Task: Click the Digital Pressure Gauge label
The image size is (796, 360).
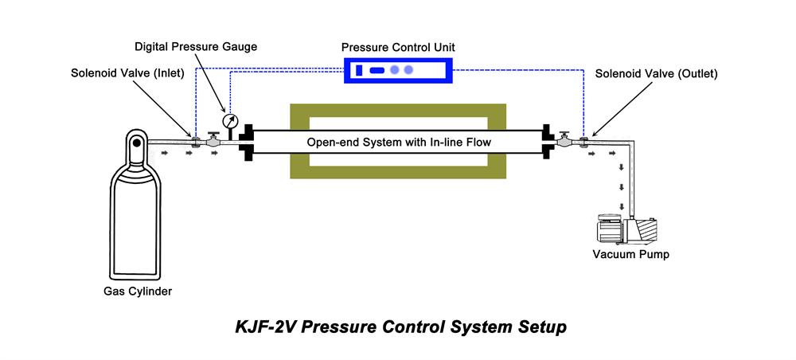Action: (x=196, y=47)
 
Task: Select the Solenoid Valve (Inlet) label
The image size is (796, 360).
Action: (x=127, y=74)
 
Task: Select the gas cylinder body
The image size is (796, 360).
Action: (x=135, y=215)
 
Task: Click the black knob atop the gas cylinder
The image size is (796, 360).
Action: (x=135, y=144)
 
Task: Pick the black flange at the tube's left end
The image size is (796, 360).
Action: (x=247, y=143)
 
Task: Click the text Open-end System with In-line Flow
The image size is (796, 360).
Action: (x=398, y=142)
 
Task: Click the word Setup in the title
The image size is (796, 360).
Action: (x=543, y=327)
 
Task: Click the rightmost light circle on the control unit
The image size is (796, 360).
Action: (x=409, y=70)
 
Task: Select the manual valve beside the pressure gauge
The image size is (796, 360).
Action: (x=213, y=140)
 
